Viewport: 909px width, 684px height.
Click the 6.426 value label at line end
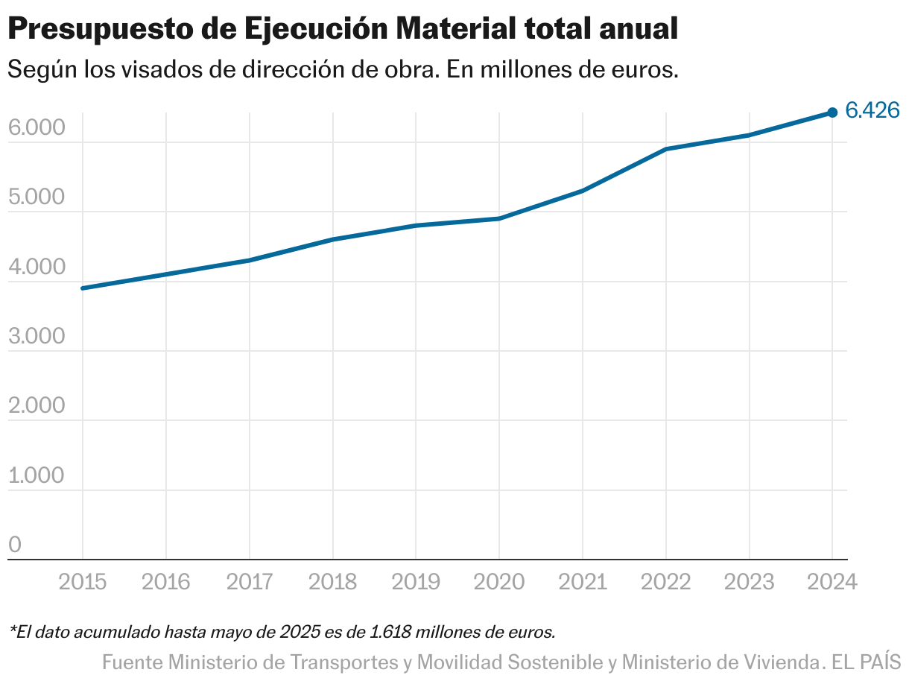point(873,111)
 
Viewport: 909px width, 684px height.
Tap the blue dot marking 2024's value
point(832,113)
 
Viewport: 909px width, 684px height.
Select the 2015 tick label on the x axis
point(82,582)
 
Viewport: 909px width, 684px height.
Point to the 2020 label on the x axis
point(498,582)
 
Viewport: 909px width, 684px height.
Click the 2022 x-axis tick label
point(665,582)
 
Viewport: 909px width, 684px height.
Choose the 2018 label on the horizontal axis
point(332,582)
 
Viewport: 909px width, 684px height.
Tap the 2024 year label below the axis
point(832,582)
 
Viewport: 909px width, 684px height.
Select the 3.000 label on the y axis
point(37,337)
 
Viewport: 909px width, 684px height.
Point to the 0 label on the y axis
point(15,545)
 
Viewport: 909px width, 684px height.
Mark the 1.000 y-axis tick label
point(37,476)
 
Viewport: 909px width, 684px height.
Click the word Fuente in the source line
point(132,662)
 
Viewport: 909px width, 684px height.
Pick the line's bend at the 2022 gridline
point(665,149)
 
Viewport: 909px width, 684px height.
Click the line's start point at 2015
point(82,288)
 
